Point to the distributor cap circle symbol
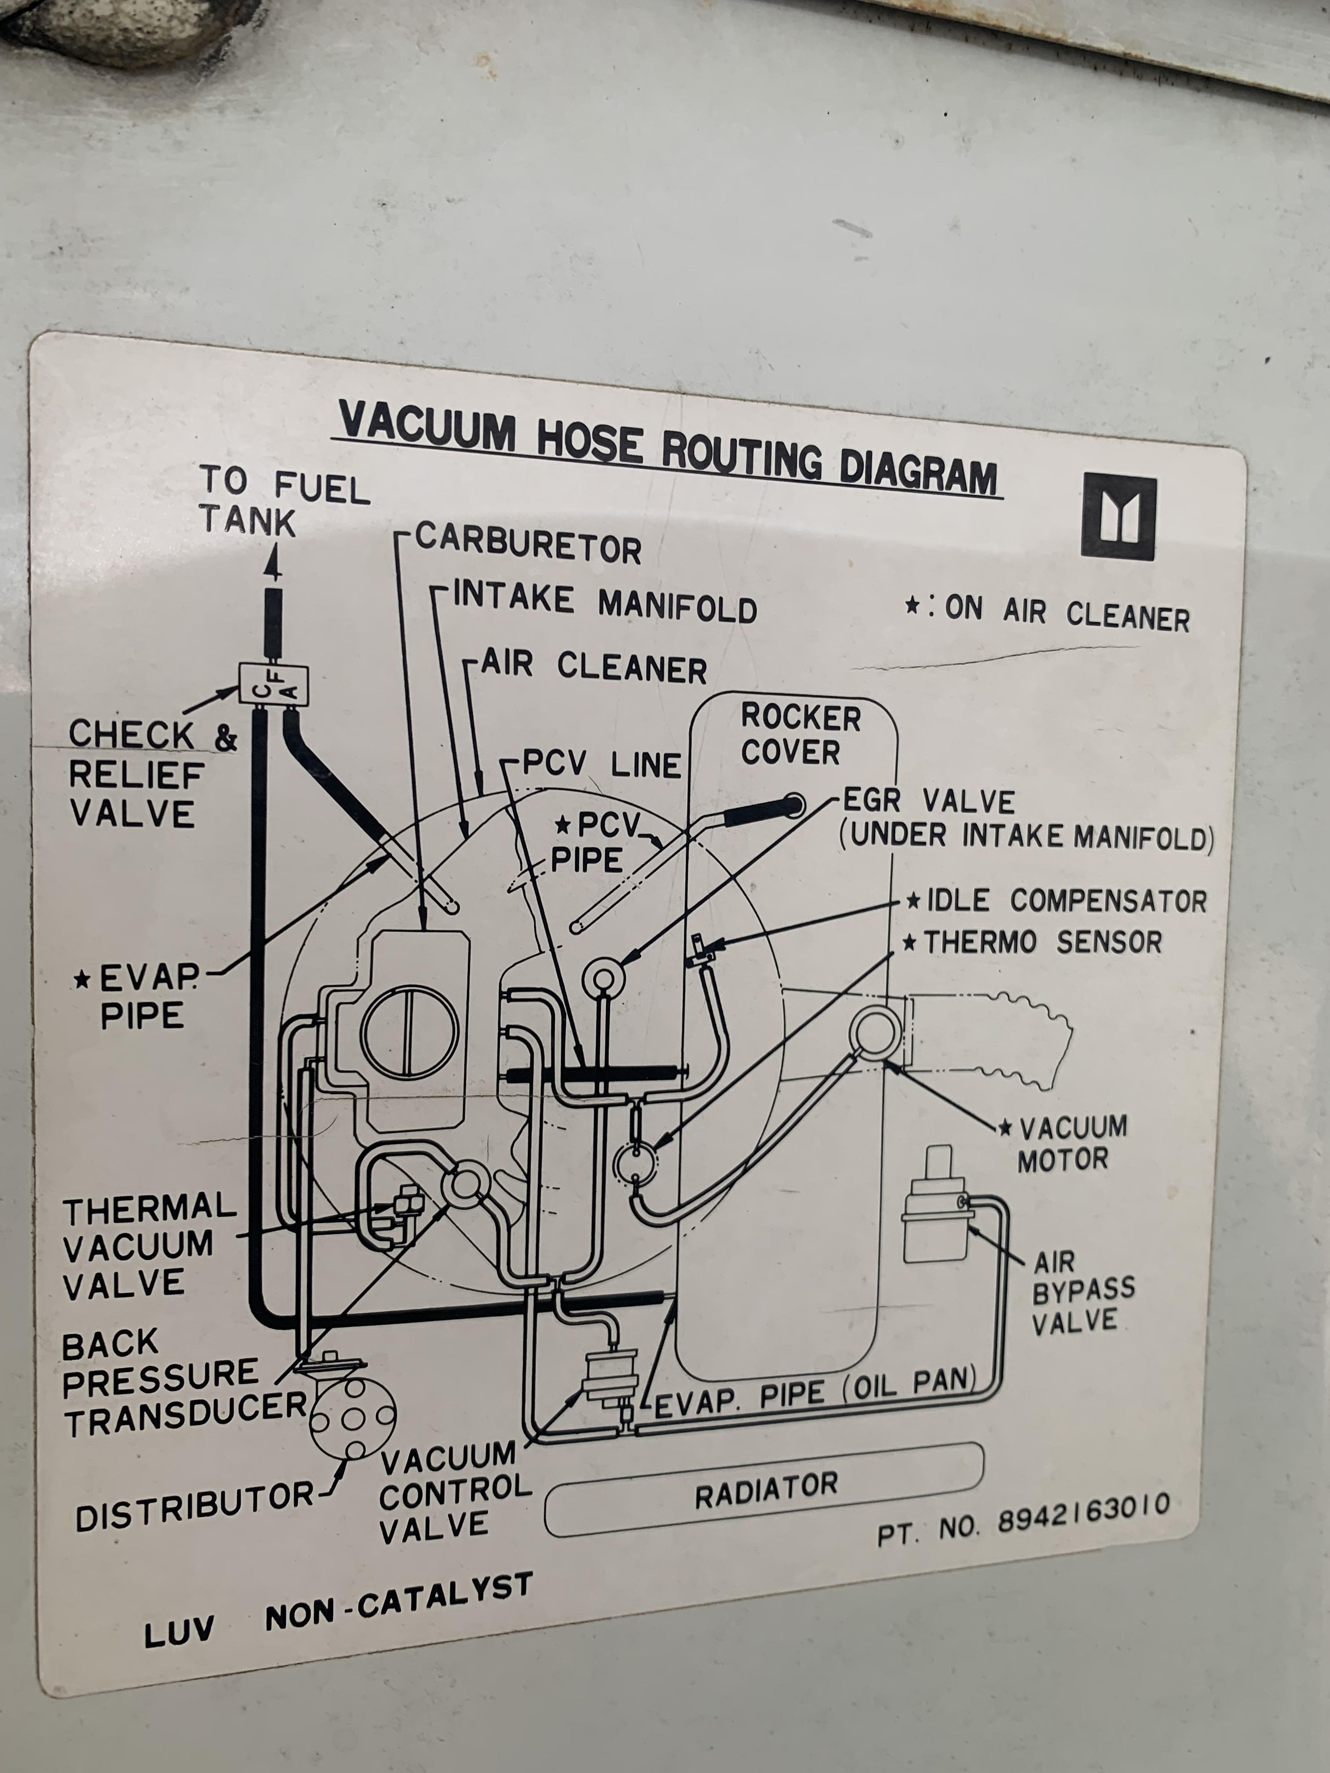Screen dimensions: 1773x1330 pos(353,1419)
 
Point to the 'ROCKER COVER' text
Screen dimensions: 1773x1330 pos(799,735)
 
